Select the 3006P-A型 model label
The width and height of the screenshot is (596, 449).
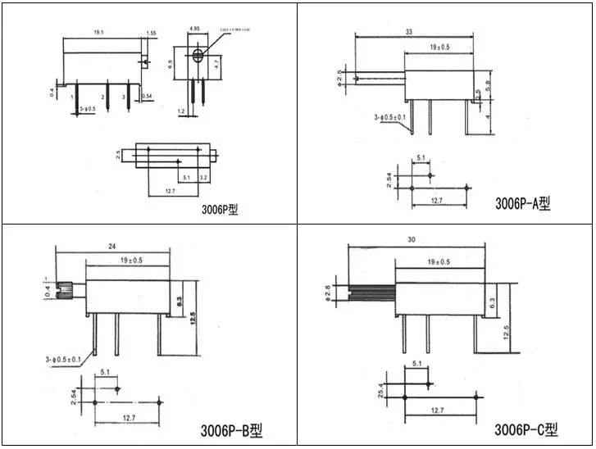coord(522,203)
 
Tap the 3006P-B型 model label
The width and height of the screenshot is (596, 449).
coord(232,429)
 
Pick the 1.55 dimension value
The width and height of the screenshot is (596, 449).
coord(152,33)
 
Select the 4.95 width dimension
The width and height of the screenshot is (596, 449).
coord(195,29)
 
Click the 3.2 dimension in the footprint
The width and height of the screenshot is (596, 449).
coord(202,177)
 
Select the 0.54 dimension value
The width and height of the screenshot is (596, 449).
coord(148,98)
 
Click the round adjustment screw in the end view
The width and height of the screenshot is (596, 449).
coord(198,57)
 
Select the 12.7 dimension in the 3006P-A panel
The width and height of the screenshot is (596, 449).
coord(437,200)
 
